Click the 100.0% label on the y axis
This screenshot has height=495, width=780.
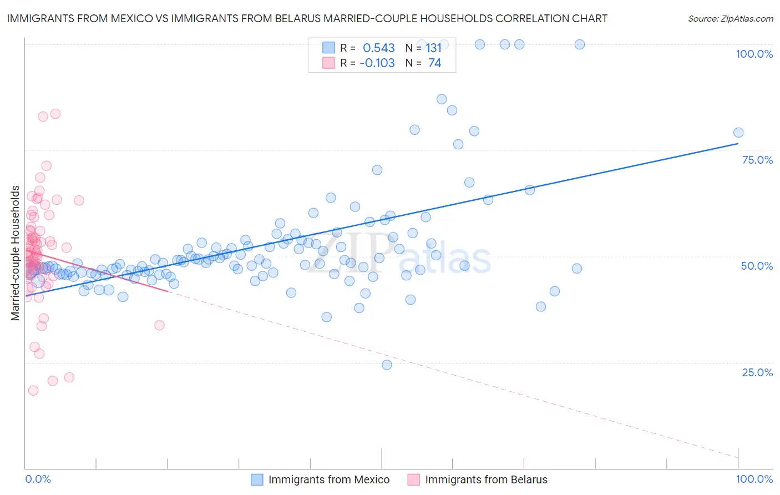tap(754, 54)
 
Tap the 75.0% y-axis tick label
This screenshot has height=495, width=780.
tap(757, 160)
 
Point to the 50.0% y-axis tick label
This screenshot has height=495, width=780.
tap(757, 266)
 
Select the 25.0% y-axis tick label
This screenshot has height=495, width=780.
tap(757, 372)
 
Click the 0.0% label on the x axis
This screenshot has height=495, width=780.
tap(38, 479)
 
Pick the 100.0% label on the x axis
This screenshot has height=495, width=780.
tap(754, 479)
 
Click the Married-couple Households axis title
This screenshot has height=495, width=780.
tap(16, 253)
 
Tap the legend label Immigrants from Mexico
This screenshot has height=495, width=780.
tap(329, 479)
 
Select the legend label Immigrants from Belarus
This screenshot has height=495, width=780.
tap(486, 479)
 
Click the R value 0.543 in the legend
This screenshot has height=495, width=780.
tap(379, 48)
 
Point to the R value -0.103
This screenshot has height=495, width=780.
tap(377, 63)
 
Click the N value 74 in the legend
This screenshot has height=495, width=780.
tap(434, 63)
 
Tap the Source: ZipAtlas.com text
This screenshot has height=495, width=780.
tap(730, 18)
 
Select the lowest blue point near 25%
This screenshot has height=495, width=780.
tap(387, 365)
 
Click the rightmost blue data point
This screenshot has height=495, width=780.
tap(738, 132)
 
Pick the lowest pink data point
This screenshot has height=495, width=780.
tap(33, 390)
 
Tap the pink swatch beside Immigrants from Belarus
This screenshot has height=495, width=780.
tap(413, 479)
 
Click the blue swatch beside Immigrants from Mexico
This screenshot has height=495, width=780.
tap(257, 479)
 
